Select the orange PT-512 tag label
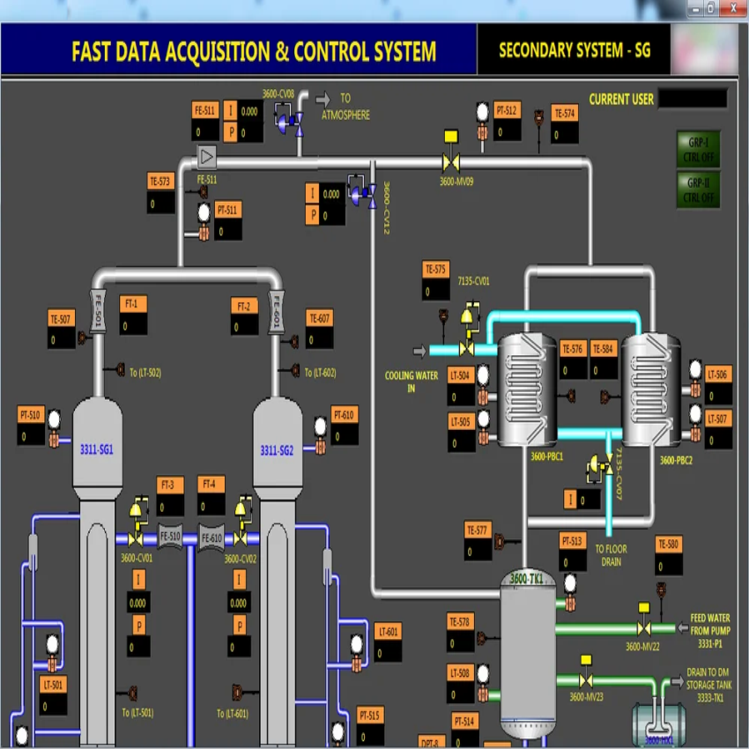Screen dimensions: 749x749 tap(507, 111)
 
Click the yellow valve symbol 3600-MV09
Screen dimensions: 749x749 tap(451, 162)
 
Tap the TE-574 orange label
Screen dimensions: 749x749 tap(565, 113)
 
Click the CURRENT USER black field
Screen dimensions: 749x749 tap(693, 99)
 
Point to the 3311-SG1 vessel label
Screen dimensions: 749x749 tap(97, 449)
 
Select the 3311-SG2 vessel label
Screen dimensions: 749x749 tap(277, 450)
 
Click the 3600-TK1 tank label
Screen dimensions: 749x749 tap(528, 579)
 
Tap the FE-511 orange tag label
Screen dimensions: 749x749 tap(204, 110)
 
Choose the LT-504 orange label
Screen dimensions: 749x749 tap(461, 375)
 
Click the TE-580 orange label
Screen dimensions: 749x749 tap(668, 545)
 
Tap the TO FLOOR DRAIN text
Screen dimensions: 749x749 tap(612, 554)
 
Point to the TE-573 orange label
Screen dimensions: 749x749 tap(160, 182)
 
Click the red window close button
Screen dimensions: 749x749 tap(731, 8)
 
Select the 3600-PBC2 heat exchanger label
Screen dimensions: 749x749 tap(677, 459)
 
